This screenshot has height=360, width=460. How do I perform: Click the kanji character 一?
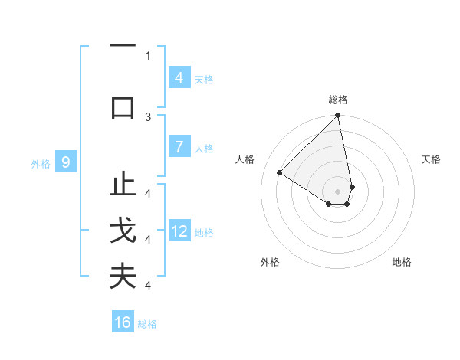coord(123,47)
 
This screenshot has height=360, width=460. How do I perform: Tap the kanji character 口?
coord(123,106)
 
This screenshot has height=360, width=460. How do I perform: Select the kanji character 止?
coord(123,185)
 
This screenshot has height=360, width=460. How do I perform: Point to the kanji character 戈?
coord(123,231)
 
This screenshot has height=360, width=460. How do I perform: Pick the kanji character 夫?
coord(123,276)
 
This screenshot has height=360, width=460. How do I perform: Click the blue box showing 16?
coord(123,322)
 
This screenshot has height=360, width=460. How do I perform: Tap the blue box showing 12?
coord(179,231)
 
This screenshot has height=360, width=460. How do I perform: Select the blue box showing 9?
coord(66,162)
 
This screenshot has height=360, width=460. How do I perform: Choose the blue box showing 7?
coord(179,147)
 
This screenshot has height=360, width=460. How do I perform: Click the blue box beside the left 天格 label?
coord(179,78)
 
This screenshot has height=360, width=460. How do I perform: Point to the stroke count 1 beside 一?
coord(148,55)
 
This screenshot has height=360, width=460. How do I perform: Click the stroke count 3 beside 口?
coord(148,116)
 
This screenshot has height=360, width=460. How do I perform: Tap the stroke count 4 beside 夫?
coord(148,286)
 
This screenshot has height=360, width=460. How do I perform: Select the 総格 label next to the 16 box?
coord(147,324)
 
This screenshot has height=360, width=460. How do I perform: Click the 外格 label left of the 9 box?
coord(40,163)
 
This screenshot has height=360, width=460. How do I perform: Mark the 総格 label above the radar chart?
coord(338,100)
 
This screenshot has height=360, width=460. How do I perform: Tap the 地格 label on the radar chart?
coord(402,262)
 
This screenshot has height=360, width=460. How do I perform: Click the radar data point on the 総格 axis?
coord(338,116)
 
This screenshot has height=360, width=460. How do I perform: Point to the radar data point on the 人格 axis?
coord(280,173)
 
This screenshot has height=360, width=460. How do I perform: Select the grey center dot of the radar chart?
coord(338,191)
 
